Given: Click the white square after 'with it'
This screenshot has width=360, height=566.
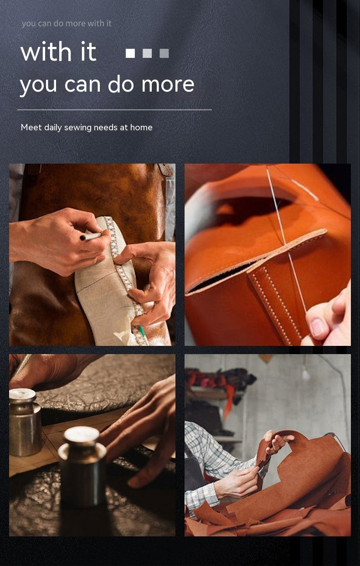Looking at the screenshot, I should point(130,53).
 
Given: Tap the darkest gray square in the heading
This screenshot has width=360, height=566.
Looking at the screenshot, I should point(164,53).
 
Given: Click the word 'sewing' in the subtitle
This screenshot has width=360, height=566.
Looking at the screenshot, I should point(78,128).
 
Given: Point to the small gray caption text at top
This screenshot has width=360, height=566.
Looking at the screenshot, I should point(67,23).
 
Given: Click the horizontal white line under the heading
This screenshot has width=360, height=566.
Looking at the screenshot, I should point(114,110).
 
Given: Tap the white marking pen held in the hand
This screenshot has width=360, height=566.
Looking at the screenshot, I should point(92,237).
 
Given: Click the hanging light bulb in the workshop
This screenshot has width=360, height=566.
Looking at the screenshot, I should point(305,374).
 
